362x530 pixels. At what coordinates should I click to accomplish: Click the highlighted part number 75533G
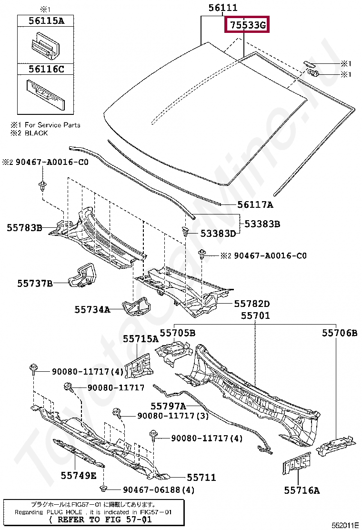pos(247,25)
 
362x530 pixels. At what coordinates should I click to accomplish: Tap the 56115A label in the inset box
pos(46,20)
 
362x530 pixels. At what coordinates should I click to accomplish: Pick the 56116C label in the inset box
pos(46,69)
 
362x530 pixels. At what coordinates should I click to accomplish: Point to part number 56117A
pos(255,205)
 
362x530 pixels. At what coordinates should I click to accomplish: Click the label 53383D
pos(218,234)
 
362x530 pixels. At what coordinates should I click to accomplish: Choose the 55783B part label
pos(24,228)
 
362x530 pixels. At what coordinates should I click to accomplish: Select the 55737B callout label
pos(35,284)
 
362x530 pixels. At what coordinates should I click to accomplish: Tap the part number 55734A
pos(92,310)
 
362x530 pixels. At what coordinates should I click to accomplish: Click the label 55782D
pos(251,304)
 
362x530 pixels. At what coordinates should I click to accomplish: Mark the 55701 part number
pos(255,316)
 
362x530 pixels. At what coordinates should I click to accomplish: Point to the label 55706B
pos(339,333)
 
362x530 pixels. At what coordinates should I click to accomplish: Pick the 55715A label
pos(141,339)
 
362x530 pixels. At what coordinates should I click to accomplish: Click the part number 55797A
pos(168,406)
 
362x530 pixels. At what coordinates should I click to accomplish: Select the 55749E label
pos(78,475)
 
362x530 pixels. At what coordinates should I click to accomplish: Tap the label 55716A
pos(302,489)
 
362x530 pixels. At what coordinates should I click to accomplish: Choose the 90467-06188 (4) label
pos(159,489)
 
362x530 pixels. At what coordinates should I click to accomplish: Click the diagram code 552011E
pos(345,525)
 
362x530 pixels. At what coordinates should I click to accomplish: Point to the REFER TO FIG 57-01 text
pos(101,520)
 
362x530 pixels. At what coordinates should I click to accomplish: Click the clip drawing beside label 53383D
pos(185,232)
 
